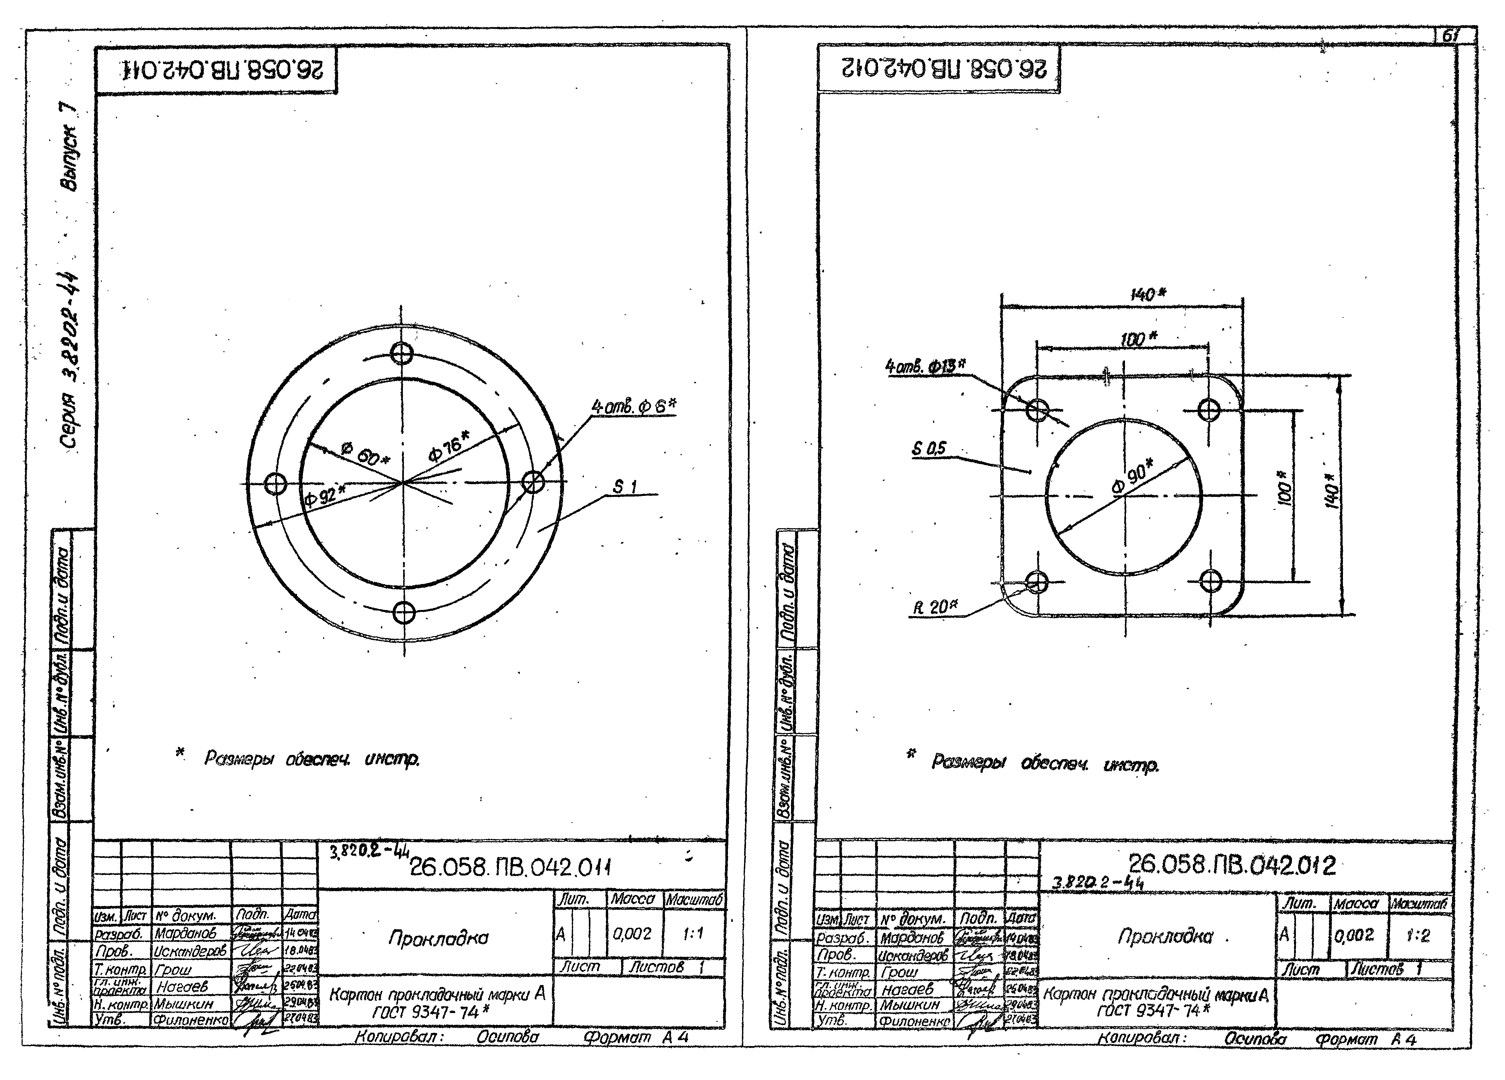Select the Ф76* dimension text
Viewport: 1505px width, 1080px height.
click(449, 445)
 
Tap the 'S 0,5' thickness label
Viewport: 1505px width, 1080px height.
click(928, 449)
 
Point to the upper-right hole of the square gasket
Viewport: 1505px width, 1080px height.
click(1209, 409)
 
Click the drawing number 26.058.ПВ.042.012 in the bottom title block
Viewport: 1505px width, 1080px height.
click(1232, 865)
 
